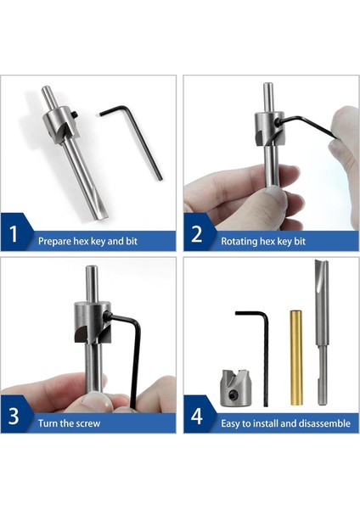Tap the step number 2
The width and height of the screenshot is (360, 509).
click(x=197, y=235)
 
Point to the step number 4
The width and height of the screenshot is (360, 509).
click(x=197, y=417)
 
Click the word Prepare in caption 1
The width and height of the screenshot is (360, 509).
click(x=53, y=241)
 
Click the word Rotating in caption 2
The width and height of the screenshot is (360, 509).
click(x=239, y=241)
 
